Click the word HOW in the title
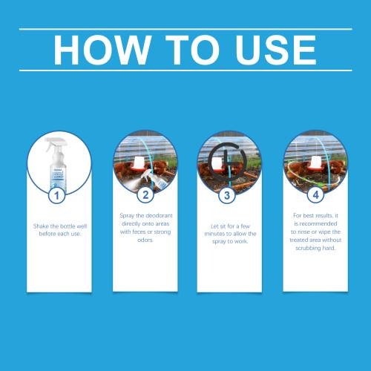click(x=102, y=50)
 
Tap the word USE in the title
click(x=276, y=50)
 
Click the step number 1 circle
click(x=56, y=195)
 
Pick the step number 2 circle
click(x=145, y=195)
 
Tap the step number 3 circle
click(x=227, y=195)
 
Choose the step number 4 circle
click(x=315, y=195)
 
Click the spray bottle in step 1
click(x=56, y=165)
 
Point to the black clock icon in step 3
click(x=227, y=161)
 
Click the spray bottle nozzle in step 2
click(x=147, y=174)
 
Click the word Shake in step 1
click(x=41, y=226)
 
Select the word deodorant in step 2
click(x=159, y=215)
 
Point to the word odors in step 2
click(x=145, y=240)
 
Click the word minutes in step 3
click(x=214, y=234)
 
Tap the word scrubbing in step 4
click(x=308, y=248)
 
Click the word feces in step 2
click(x=139, y=232)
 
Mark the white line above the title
click(x=185, y=29)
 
